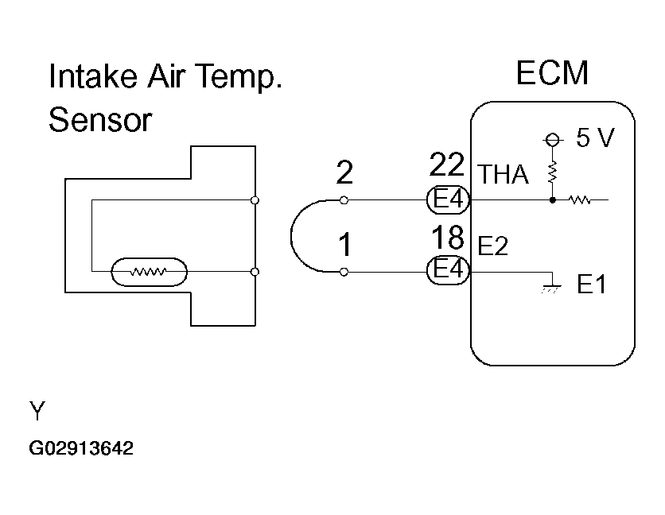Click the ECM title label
(x=552, y=73)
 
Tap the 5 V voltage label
(x=594, y=139)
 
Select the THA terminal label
(x=503, y=175)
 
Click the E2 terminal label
(x=493, y=247)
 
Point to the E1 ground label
(x=592, y=285)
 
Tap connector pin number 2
(x=344, y=172)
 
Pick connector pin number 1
(x=344, y=244)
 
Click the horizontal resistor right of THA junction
(x=579, y=199)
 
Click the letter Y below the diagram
(x=37, y=411)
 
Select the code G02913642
(x=80, y=448)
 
